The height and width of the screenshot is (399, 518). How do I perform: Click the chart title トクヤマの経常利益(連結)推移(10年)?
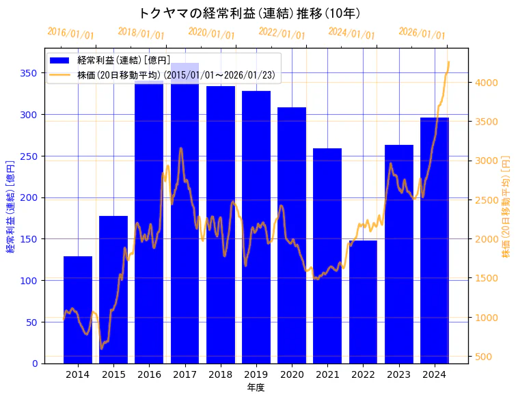click(249, 13)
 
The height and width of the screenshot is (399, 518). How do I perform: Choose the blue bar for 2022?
click(363, 301)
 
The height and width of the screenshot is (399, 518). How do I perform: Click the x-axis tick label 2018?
click(220, 374)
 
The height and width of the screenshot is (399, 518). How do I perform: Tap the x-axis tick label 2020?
click(292, 374)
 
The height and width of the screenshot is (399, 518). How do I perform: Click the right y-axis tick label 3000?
click(488, 161)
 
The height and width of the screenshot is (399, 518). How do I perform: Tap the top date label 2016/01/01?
click(71, 33)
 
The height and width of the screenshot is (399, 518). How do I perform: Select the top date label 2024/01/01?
click(351, 33)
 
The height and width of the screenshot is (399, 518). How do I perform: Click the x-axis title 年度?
click(256, 387)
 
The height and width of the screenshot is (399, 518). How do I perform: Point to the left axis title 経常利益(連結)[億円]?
click(10, 206)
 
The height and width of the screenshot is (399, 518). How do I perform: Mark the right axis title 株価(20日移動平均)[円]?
click(506, 206)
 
